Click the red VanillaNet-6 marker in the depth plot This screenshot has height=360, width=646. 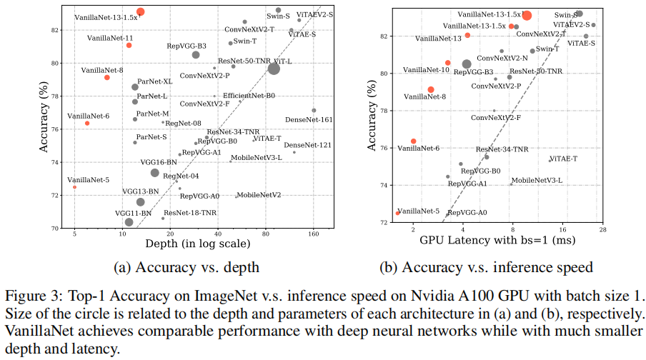87,123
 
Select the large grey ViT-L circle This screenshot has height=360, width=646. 274,69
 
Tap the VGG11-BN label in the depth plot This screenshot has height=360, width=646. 133,213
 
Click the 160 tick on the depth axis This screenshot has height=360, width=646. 313,234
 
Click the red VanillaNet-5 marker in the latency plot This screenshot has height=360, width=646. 398,213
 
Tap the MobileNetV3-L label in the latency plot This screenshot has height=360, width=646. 537,180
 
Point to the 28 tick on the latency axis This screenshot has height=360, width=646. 602,229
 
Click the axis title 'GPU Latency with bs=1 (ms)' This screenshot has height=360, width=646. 497,241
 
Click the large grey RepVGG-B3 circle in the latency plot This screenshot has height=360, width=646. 467,64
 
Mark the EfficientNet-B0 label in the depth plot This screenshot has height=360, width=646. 249,95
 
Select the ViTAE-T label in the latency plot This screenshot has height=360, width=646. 563,159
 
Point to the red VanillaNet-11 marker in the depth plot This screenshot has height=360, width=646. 129,45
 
